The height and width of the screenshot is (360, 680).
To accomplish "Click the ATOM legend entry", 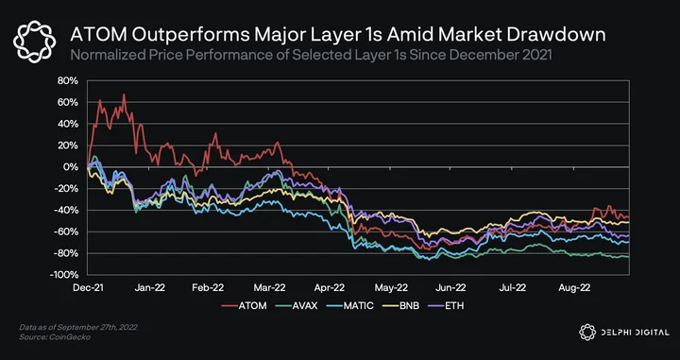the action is pos(244,306).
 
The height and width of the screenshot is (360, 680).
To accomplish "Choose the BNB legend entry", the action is pos(400,306).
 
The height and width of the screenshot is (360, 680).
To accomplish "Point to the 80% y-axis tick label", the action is pos(68,81).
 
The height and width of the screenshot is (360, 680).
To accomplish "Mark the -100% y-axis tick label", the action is pos(64,275).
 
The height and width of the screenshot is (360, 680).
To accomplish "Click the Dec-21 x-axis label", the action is pos(88,287).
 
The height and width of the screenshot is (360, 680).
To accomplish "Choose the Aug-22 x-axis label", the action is pos(574,287).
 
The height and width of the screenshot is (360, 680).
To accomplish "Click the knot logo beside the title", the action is pos(34,42).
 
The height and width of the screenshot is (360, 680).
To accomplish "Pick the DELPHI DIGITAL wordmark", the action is pos(624,333).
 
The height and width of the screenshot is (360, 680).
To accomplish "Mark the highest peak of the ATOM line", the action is pos(124,94).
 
